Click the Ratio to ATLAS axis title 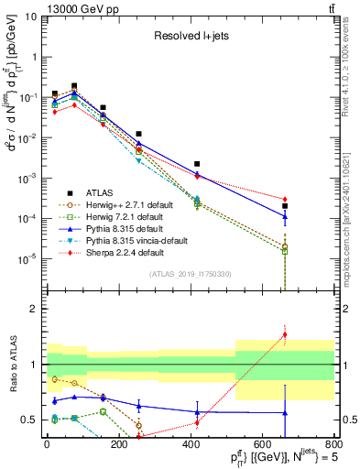11,365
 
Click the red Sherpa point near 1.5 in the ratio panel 285,334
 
